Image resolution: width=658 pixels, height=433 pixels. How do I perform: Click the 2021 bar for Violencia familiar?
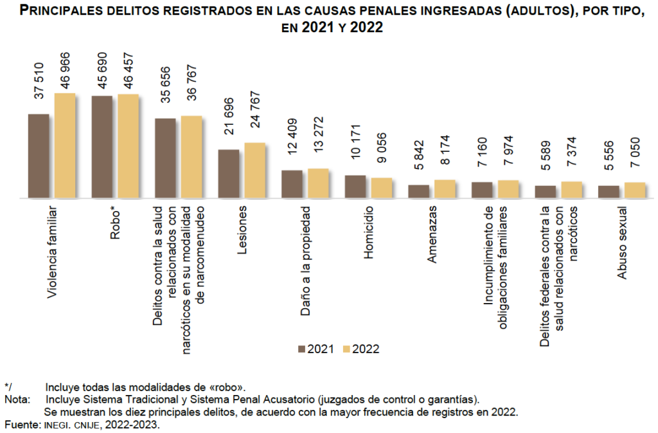point(39,156)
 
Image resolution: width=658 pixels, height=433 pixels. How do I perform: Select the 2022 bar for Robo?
point(128,146)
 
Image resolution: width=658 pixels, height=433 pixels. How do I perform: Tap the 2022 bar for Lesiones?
point(254,170)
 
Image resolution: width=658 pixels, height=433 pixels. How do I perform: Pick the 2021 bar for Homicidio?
point(355,187)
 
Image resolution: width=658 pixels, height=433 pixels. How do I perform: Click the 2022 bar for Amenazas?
point(444,189)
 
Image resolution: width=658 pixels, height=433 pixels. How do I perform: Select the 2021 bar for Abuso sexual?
point(609,192)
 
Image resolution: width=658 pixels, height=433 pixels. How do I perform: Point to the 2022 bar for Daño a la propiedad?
point(317,183)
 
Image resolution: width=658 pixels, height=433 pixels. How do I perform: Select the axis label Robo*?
point(115,223)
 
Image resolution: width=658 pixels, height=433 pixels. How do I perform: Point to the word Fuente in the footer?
point(21,425)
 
